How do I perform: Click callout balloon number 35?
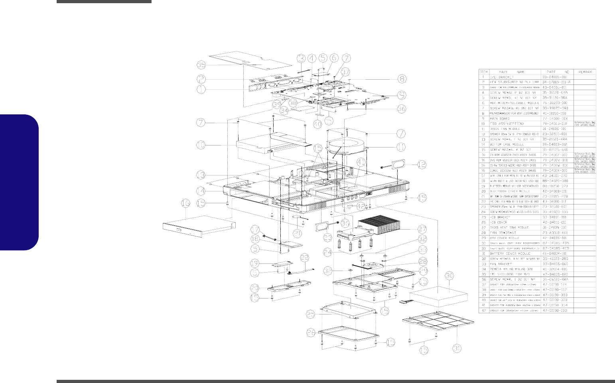click(x=202, y=65)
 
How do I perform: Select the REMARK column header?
click(x=585, y=72)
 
